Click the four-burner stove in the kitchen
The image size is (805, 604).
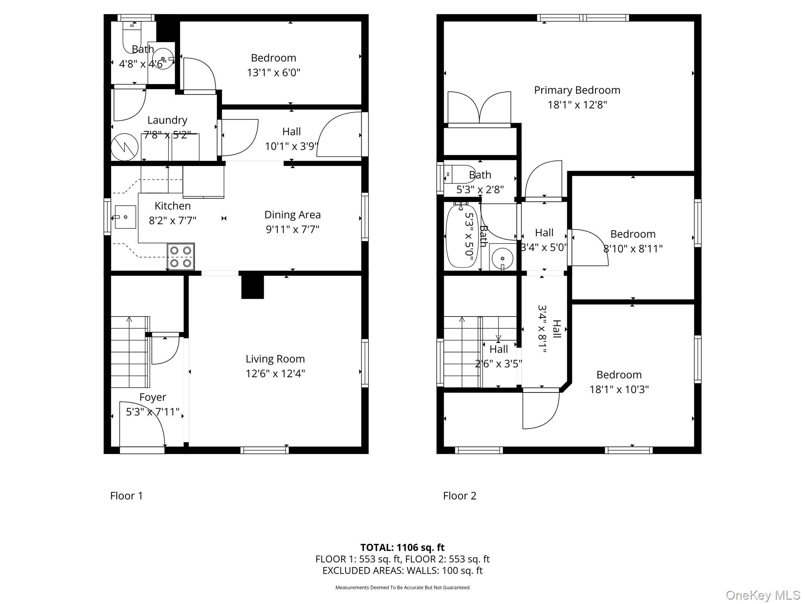click(181, 256)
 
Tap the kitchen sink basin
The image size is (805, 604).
click(125, 217)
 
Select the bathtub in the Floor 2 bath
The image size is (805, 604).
click(462, 236)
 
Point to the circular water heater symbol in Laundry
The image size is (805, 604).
click(125, 147)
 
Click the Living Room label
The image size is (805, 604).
click(275, 359)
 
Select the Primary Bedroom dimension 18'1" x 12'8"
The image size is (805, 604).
click(577, 105)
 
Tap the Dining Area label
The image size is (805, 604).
click(292, 215)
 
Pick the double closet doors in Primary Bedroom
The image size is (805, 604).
click(479, 108)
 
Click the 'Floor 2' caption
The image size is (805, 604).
click(459, 495)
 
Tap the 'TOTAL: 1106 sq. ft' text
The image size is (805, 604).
click(402, 547)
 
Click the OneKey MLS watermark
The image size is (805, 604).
click(763, 595)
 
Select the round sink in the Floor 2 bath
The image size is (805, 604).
click(502, 258)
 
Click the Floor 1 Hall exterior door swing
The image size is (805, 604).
click(340, 135)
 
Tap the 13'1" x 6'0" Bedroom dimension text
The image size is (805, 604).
click(274, 73)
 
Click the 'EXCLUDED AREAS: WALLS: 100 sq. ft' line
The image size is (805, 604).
click(402, 571)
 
